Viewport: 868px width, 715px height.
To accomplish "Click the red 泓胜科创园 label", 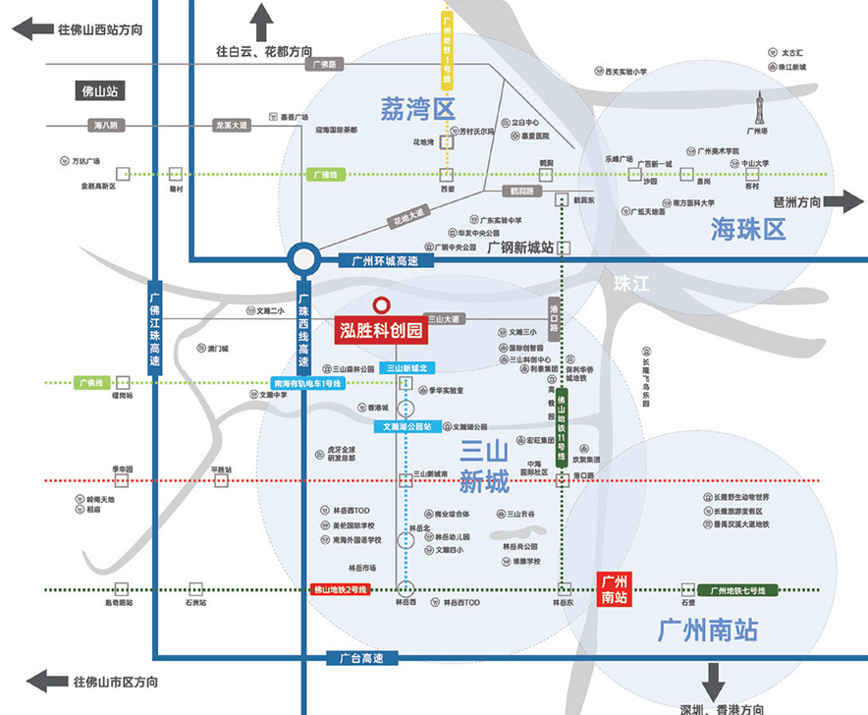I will [x=381, y=330].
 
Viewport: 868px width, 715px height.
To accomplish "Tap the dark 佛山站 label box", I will [x=103, y=91].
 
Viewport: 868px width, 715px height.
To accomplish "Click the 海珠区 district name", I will [x=748, y=230].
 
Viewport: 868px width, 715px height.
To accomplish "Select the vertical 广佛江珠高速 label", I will [x=154, y=330].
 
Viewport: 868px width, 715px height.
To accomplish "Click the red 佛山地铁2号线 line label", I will [x=339, y=589].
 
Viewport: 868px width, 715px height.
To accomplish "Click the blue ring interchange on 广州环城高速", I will [x=303, y=261].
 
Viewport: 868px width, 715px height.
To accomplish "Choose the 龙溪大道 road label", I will [x=233, y=126].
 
